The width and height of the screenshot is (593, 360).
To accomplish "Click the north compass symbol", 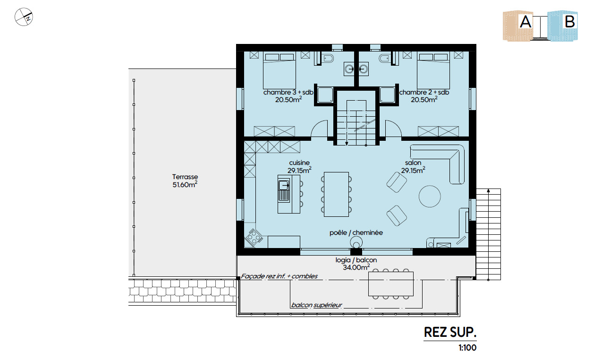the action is coord(24,17).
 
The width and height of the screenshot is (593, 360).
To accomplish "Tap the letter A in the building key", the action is coord(525,22).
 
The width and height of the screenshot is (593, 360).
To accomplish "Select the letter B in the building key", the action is coord(570,22).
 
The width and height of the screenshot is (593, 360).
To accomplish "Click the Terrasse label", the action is coord(185,177).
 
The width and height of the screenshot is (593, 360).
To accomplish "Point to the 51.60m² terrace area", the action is coord(185,184).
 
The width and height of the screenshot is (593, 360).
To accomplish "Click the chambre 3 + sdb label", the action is coord(288,93).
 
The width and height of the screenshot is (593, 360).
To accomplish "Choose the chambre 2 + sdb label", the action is coord(424,93).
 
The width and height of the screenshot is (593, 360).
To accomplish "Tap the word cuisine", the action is coord(299,163).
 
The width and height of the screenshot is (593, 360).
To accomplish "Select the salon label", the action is coord(413,163).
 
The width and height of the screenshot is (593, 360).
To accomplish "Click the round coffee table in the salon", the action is coord(430,196).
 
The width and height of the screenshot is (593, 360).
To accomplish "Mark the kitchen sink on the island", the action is coord(284,190).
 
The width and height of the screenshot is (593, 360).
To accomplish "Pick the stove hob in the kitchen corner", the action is coord(254,237).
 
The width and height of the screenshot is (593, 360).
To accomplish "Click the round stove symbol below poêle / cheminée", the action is coord(356,242).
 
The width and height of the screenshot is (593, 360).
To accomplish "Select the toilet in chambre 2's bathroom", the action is coord(385,59).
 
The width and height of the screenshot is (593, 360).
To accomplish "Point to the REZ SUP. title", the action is coord(450,332).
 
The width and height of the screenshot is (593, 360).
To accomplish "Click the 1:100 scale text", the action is coord(467,348).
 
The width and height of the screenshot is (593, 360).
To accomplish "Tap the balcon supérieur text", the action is coord(317,305).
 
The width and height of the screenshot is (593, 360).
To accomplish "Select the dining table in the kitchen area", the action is coord(336,195).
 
